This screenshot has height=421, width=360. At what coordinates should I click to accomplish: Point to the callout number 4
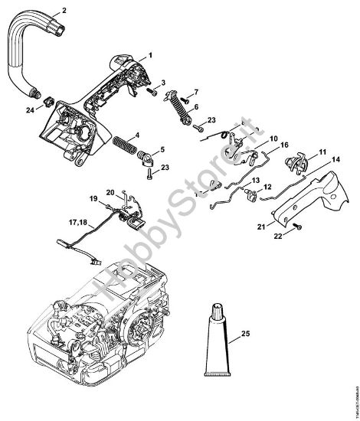coord(158,136)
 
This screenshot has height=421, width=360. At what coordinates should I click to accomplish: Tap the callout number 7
coord(195,91)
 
